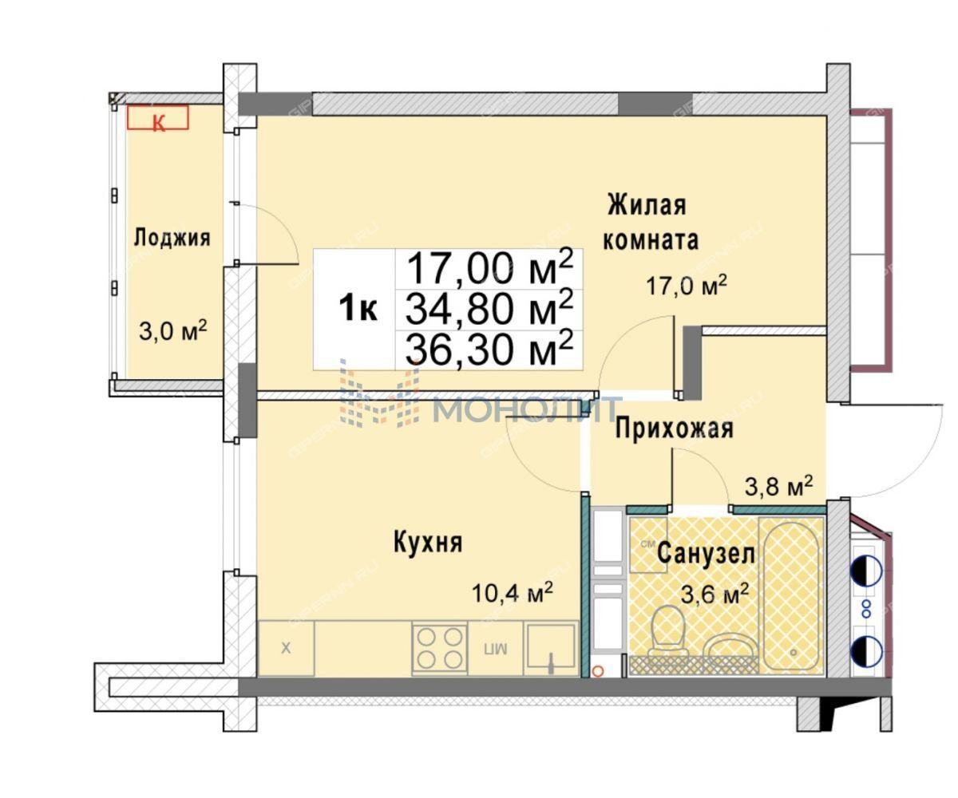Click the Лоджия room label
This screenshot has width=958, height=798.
point(172,239)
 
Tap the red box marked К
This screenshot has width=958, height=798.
point(157,117)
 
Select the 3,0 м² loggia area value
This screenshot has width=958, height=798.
point(172,330)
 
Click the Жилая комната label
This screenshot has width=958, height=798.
point(650,223)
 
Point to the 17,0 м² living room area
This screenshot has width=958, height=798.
point(687,286)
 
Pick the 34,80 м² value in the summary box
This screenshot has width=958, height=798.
point(489,308)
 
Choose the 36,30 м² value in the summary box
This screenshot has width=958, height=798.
point(489,349)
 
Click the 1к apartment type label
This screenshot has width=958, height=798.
point(358,308)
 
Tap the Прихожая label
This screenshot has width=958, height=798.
point(674,429)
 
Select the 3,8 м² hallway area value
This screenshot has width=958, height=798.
point(778,486)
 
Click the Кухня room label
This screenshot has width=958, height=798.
point(428,543)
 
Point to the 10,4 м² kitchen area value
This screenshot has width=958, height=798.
point(512,593)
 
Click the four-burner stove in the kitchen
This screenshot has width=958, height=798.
point(440,649)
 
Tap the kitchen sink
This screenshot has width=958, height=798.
point(550,647)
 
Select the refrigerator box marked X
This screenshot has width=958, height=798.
point(287,649)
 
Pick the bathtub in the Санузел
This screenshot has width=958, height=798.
point(790,595)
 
